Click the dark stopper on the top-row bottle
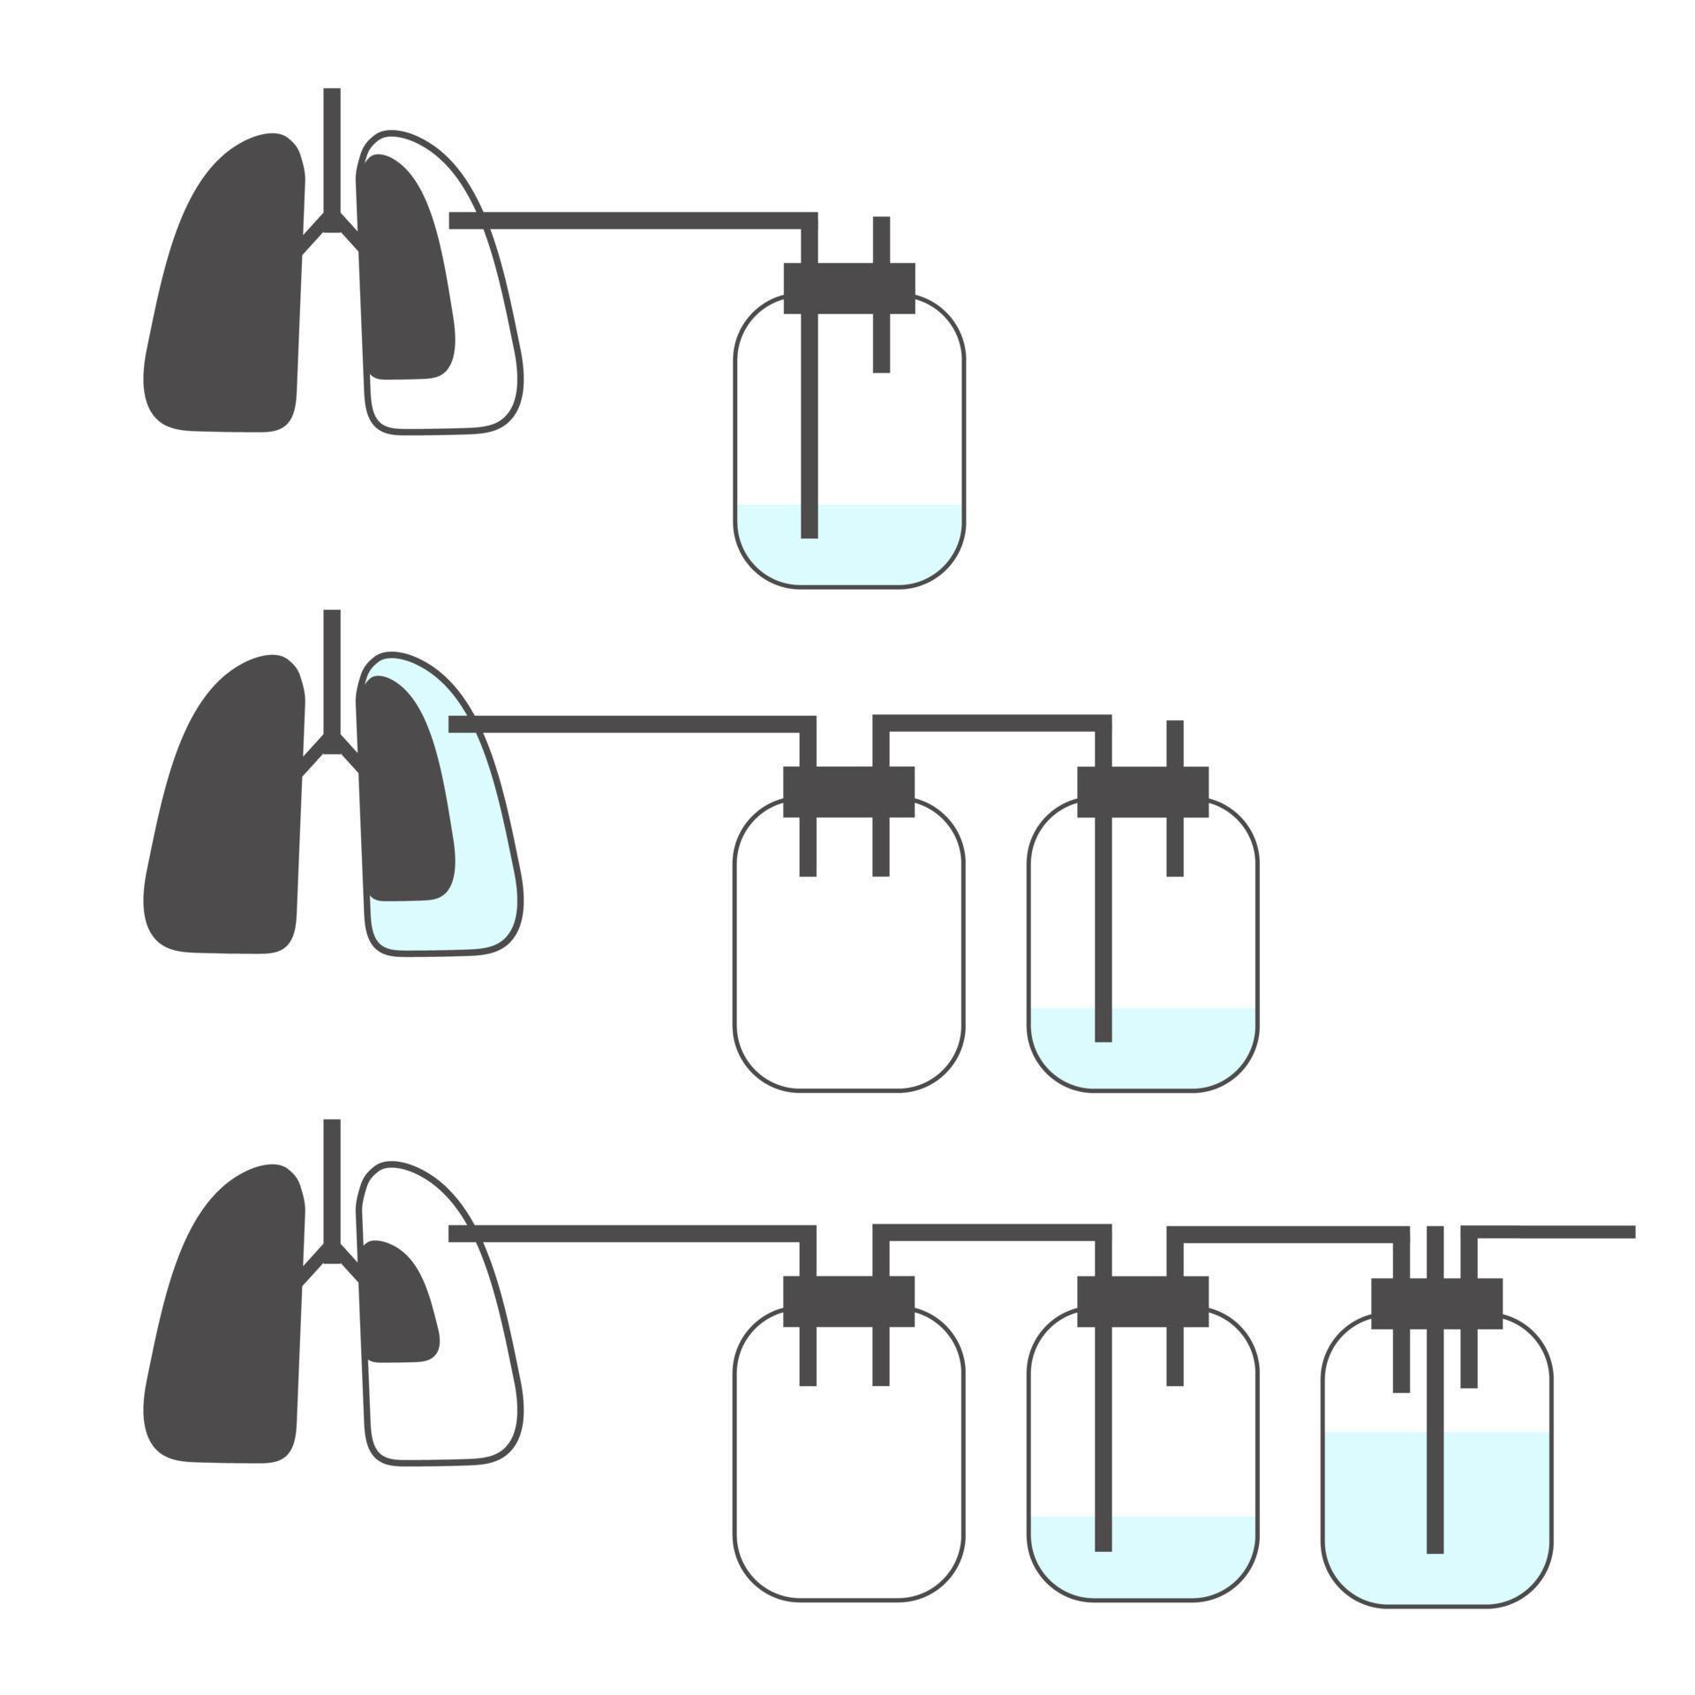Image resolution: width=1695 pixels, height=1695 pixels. point(848,288)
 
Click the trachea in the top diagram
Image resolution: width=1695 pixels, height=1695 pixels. point(332,150)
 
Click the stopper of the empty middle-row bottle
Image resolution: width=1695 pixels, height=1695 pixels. point(848,792)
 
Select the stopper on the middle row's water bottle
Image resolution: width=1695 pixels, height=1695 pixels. point(1142,792)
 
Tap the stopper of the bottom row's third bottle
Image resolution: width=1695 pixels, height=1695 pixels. point(1436,1303)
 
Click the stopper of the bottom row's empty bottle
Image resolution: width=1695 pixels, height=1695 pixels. point(848,1301)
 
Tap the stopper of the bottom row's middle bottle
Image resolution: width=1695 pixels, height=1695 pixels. point(1142,1301)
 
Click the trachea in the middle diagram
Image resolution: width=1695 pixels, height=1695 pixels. point(332,671)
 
